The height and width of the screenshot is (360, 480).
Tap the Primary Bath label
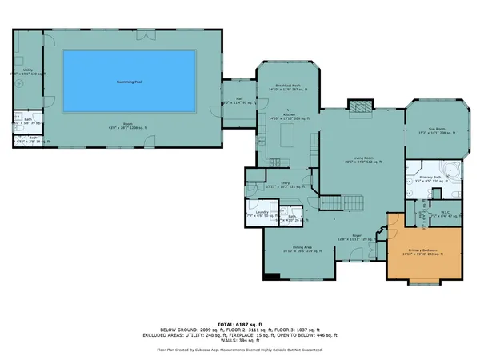(427, 178)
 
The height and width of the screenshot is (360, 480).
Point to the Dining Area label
(297, 247)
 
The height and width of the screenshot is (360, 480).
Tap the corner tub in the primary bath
(450, 170)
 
